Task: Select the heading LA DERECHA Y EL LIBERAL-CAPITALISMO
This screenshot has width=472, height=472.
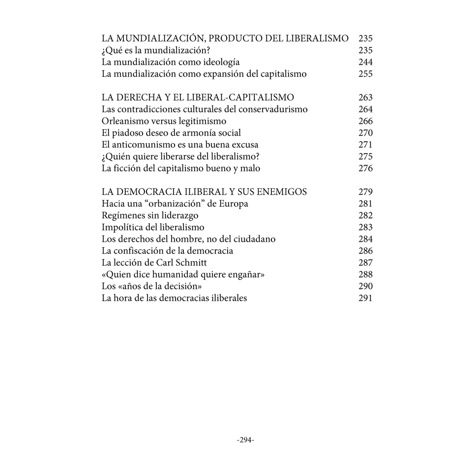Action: click(x=198, y=97)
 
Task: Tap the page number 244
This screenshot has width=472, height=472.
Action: click(x=365, y=62)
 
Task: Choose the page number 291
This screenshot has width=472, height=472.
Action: click(x=365, y=298)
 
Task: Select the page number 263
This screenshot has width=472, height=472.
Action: click(x=365, y=97)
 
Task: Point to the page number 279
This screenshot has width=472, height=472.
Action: click(x=365, y=192)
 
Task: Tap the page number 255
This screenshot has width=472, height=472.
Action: click(x=365, y=74)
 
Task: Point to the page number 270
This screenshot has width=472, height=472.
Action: click(x=365, y=133)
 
